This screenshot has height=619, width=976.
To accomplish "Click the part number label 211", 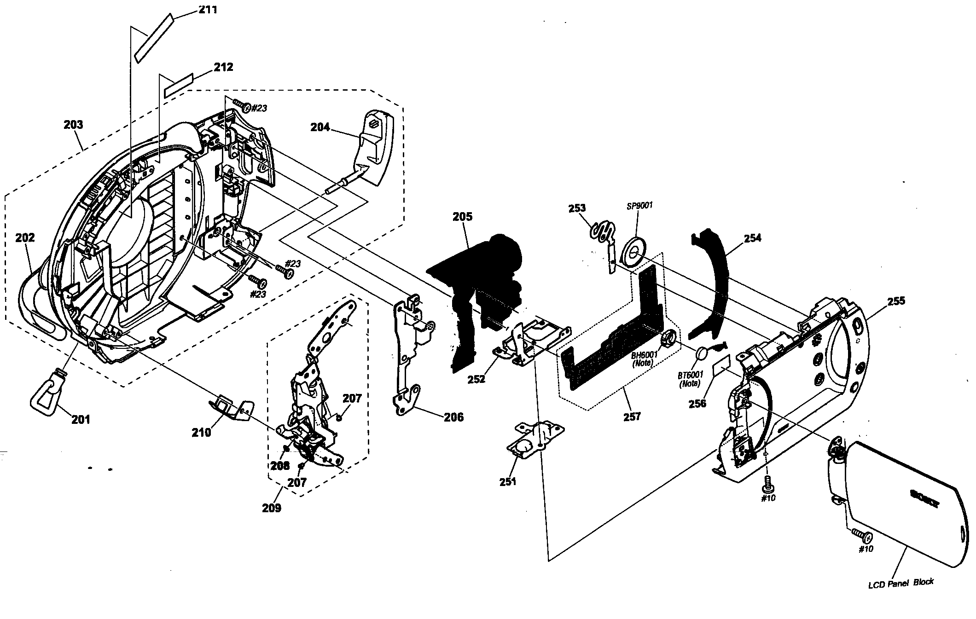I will click(207, 9).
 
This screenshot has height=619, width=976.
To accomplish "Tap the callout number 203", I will click(74, 124).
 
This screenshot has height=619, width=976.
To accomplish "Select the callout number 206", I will click(453, 417).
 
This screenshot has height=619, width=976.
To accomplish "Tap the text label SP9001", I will click(640, 206).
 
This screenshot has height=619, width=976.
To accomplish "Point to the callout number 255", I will click(896, 301).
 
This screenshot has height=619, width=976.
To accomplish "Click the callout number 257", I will click(632, 417).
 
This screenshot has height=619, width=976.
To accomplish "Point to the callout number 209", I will click(272, 508).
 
